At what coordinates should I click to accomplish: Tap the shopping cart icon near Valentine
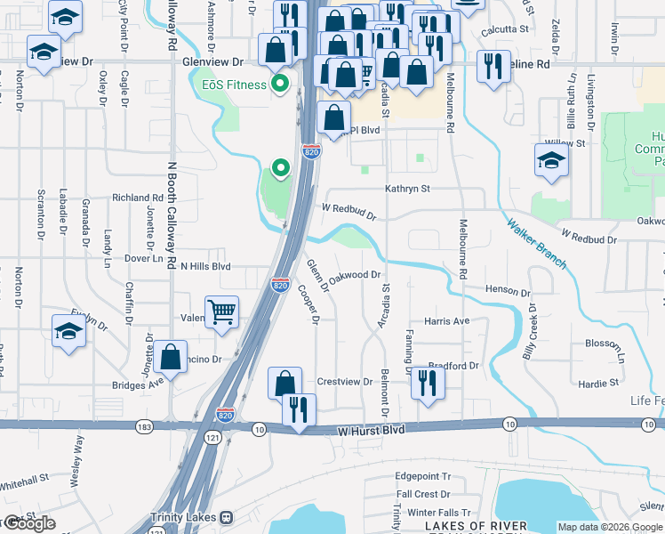[x=221, y=312]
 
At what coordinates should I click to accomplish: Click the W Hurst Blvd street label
[x=371, y=430]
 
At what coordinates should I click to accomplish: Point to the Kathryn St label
[x=407, y=189]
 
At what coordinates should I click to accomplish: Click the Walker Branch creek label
[x=537, y=244]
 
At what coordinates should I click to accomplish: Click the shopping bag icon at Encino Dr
[x=169, y=358]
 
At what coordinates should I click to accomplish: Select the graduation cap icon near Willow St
[x=551, y=162]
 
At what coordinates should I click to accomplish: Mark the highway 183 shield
[x=144, y=427]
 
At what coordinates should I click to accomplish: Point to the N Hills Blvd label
[x=205, y=266]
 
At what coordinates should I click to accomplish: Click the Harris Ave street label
[x=446, y=320]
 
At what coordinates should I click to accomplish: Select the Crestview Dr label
[x=344, y=381]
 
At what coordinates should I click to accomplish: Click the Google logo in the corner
[x=28, y=523]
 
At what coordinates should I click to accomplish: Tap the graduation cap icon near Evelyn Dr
[x=69, y=331]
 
